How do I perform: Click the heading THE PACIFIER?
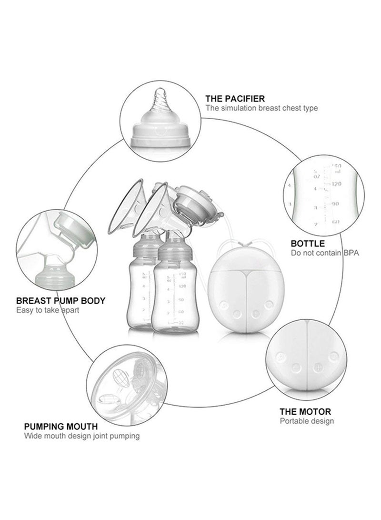[235, 99]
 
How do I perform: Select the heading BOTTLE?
[308, 244]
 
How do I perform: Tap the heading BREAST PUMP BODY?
[61, 301]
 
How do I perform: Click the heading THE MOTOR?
[305, 411]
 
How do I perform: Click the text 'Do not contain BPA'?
[324, 253]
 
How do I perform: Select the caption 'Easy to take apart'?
[48, 310]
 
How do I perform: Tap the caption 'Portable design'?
[306, 421]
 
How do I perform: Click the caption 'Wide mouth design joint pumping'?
[82, 436]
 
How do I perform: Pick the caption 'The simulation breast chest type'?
[261, 108]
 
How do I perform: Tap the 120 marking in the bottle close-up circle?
[337, 183]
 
